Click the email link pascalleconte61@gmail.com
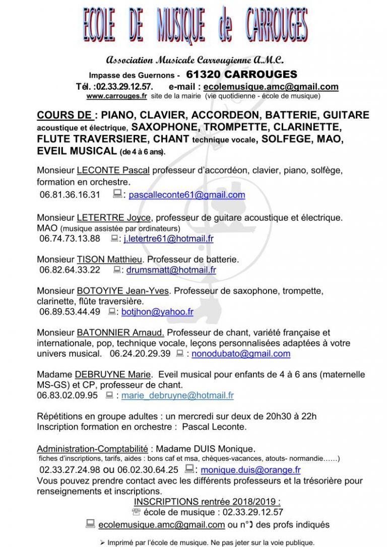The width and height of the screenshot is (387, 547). pyautogui.click(x=187, y=195)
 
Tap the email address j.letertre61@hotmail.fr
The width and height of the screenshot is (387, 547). pyautogui.click(x=168, y=238)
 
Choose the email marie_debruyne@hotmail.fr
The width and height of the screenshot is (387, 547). pyautogui.click(x=177, y=395)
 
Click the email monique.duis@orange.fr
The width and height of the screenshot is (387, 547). pyautogui.click(x=250, y=470)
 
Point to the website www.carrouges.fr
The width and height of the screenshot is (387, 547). pyautogui.click(x=109, y=96)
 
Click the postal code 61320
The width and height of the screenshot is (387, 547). pyautogui.click(x=204, y=75)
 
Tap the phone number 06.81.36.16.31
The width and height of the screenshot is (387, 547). pyautogui.click(x=70, y=195)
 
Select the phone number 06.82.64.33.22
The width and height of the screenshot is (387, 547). pyautogui.click(x=70, y=270)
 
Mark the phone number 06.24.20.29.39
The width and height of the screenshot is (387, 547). pyautogui.click(x=140, y=354)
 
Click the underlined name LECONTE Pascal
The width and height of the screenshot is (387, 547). pyautogui.click(x=113, y=170)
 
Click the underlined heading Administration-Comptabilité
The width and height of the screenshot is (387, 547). pyautogui.click(x=92, y=448)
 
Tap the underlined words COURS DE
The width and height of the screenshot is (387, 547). pyautogui.click(x=64, y=115)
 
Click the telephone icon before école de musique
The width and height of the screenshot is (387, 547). pyautogui.click(x=136, y=512)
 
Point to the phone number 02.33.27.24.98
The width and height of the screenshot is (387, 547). pyautogui.click(x=70, y=470)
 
